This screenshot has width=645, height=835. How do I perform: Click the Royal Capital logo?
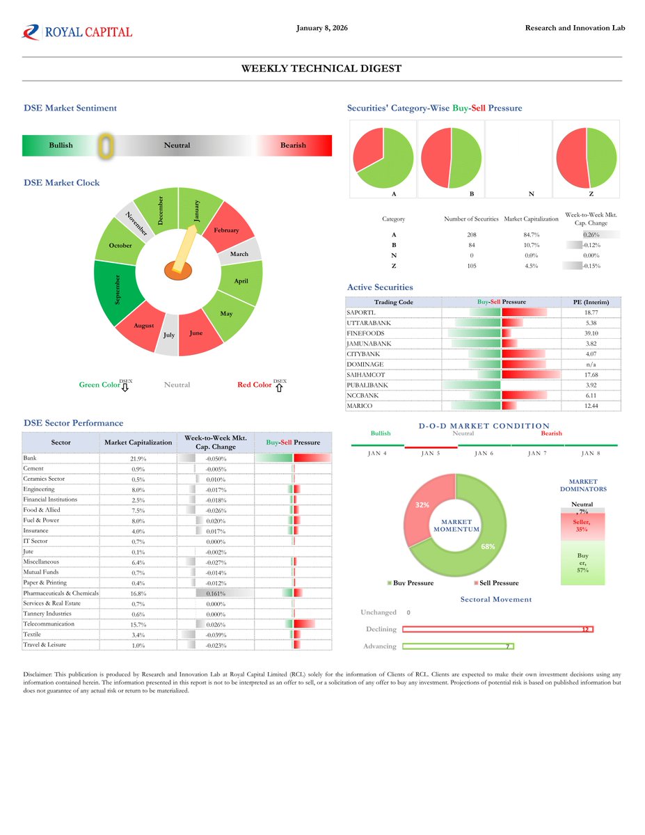pos(77,32)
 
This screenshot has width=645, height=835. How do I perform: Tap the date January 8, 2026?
pos(321,28)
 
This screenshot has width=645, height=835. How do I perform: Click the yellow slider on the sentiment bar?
pos(105,145)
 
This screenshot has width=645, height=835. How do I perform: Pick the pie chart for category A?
pos(383,158)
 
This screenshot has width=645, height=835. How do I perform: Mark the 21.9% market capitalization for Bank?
pos(138,459)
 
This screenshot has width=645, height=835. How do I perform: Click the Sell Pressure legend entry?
pos(495,582)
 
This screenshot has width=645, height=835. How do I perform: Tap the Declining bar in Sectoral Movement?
pos(497,629)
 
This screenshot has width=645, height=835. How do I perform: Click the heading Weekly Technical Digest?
pos(321,68)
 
